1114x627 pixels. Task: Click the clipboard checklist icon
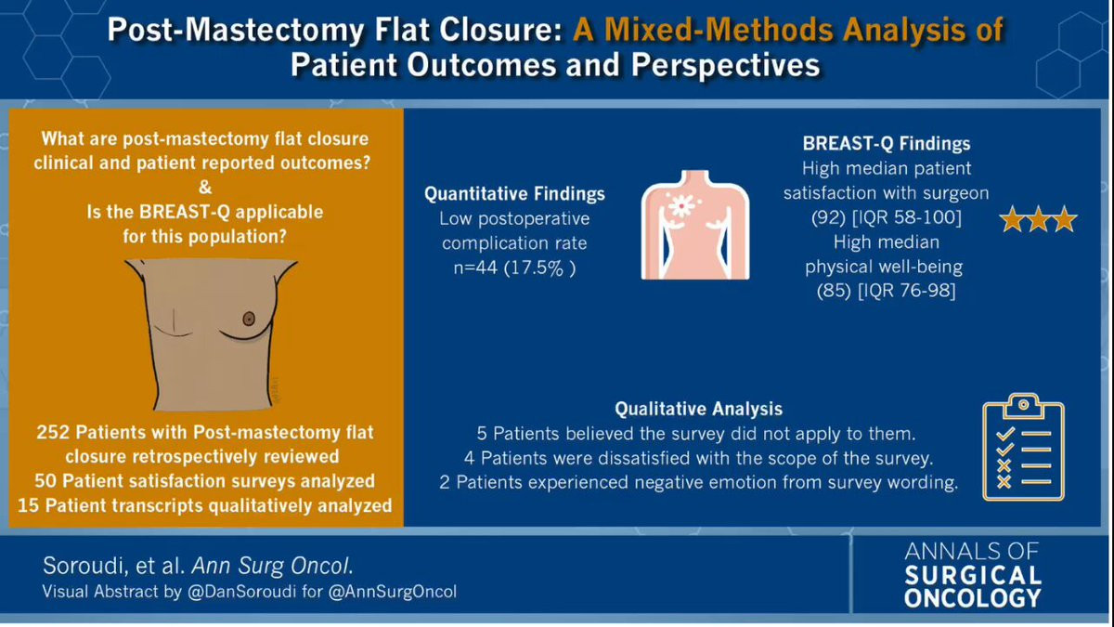click(x=1023, y=447)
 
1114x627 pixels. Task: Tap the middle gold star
click(x=1039, y=219)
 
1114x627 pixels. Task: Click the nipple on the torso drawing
click(x=249, y=319)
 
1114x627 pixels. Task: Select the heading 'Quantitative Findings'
click(x=514, y=193)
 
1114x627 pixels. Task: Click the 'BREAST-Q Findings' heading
click(x=887, y=144)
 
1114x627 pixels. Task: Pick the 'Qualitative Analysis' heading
click(x=698, y=409)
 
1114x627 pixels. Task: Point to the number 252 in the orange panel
click(x=53, y=433)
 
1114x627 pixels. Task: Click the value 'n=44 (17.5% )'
click(x=514, y=268)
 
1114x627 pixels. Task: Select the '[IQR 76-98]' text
click(x=907, y=291)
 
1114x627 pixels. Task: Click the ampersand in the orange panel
click(x=205, y=188)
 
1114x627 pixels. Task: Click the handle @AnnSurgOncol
click(x=393, y=592)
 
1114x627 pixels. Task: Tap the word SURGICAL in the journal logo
click(x=972, y=576)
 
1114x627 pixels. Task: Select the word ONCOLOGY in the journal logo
click(x=972, y=598)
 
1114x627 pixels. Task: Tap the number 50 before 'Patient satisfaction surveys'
click(x=46, y=481)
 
